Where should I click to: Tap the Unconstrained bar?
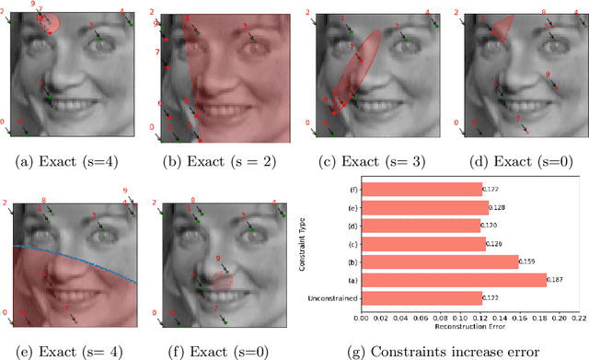pyautogui.click(x=421, y=297)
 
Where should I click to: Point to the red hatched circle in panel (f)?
pyautogui.click(x=222, y=277)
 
